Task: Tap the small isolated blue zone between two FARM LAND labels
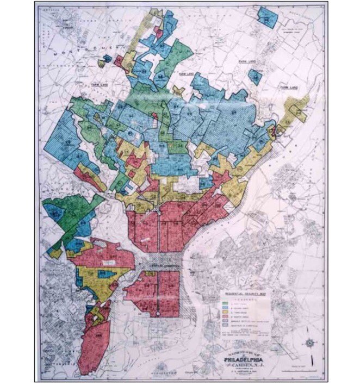tap(253, 75)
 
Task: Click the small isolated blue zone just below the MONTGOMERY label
tap(102, 63)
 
